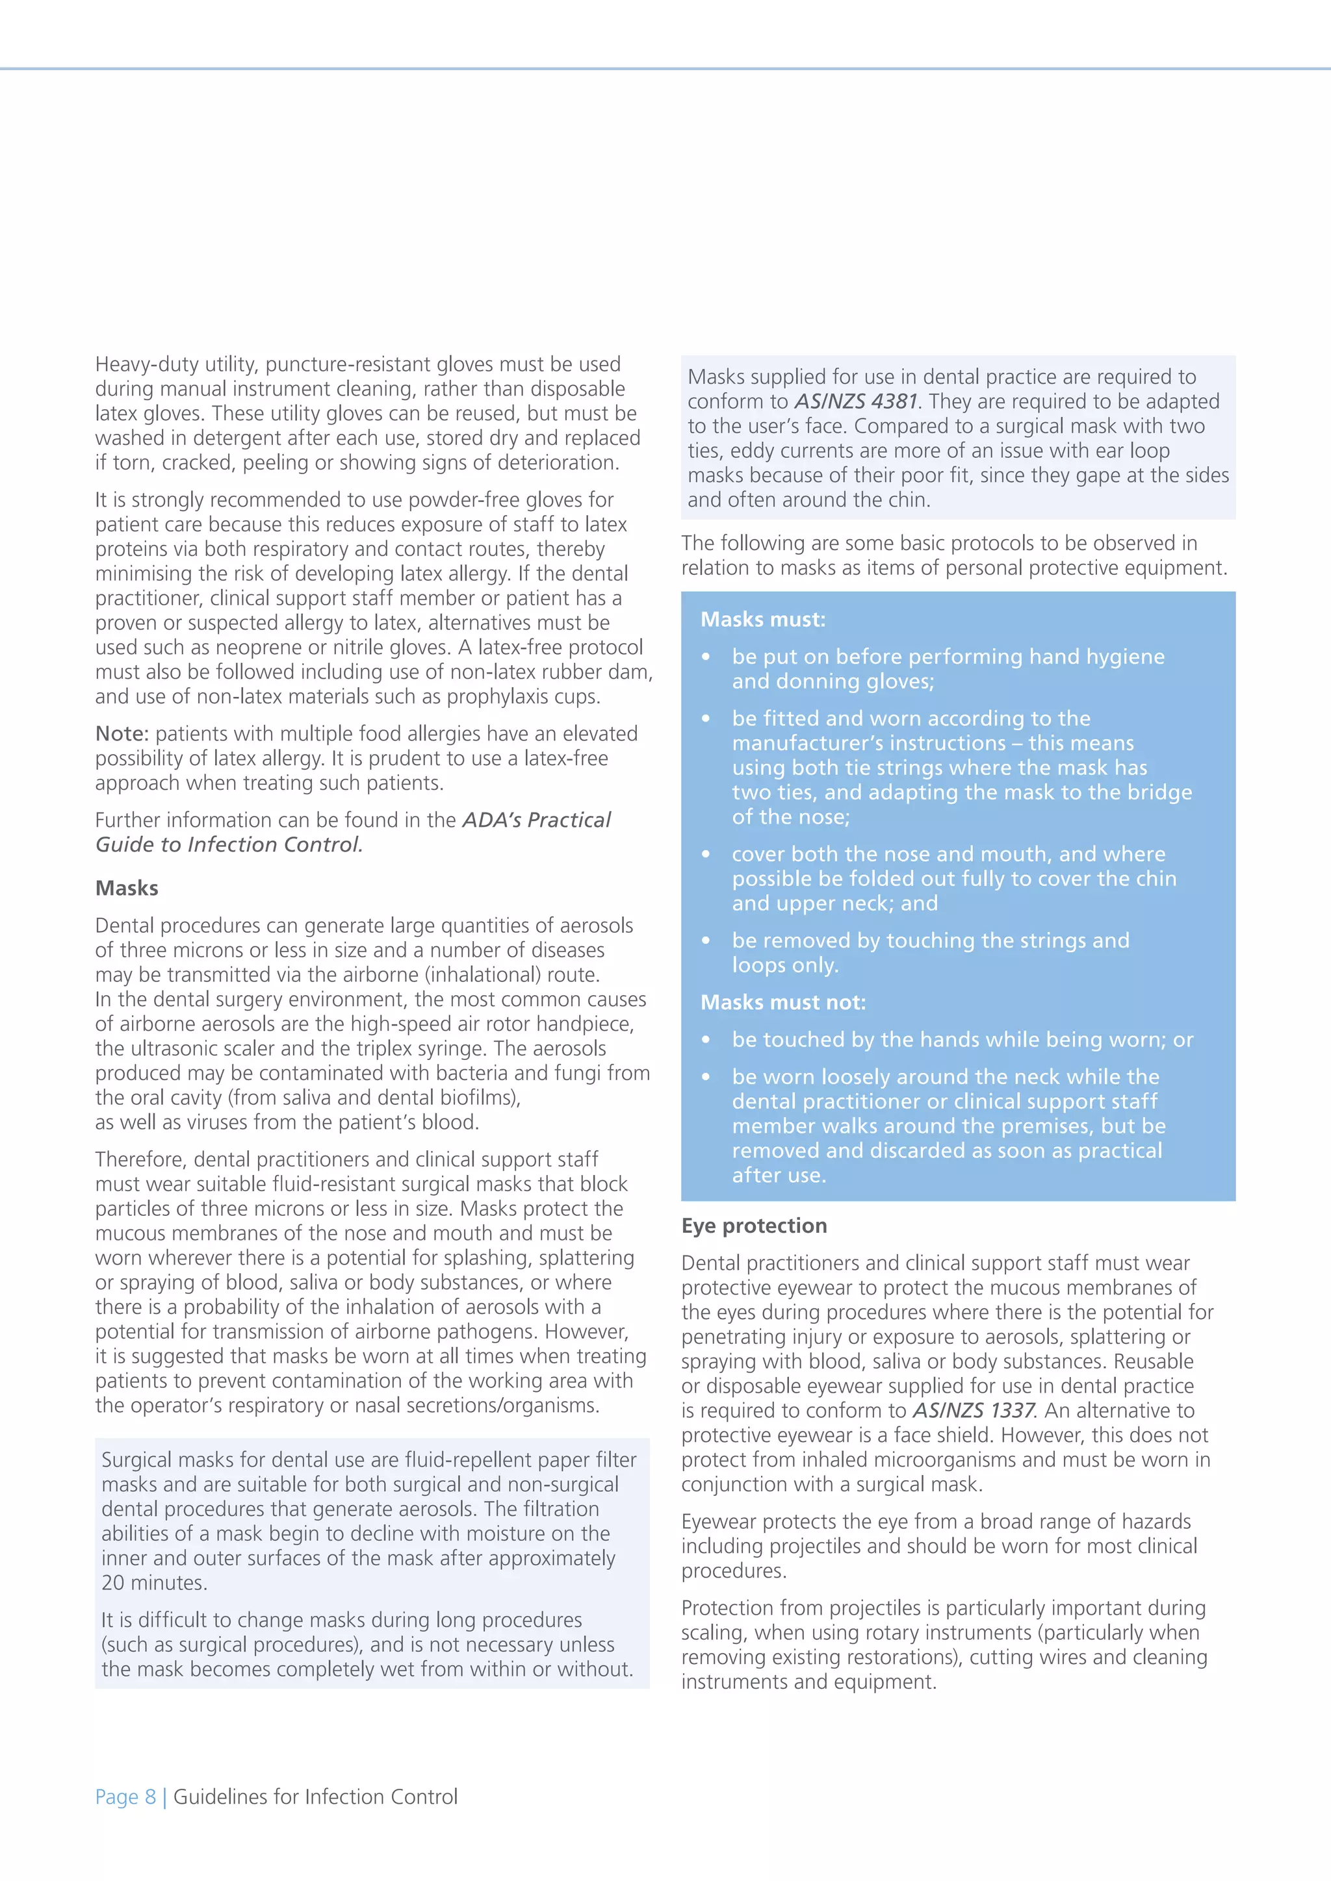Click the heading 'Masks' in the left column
tap(126, 888)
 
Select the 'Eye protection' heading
tap(753, 1226)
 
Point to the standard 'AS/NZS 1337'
tap(974, 1411)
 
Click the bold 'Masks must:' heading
tap(762, 620)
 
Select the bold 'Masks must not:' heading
tap(782, 1002)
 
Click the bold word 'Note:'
tap(122, 734)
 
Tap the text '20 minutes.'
tap(154, 1583)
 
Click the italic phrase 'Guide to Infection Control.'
tap(229, 844)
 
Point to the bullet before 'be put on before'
tap(706, 658)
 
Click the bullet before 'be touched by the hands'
tap(706, 1041)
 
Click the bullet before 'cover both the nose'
tap(706, 855)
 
